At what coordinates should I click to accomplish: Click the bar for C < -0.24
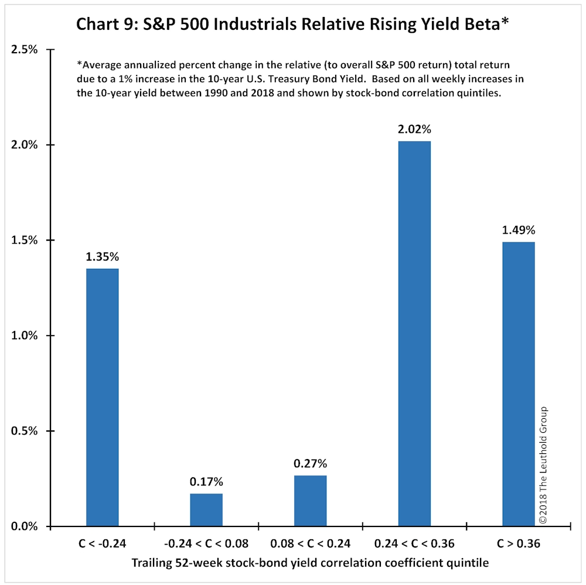click(103, 398)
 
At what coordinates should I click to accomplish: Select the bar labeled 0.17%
click(206, 510)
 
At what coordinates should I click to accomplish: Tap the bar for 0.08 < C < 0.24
click(310, 501)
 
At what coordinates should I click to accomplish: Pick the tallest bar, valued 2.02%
click(414, 334)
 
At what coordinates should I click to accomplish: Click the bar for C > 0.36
click(519, 384)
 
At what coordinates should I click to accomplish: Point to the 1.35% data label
click(103, 256)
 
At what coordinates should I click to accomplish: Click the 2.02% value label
click(414, 129)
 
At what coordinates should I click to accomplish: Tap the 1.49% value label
click(519, 230)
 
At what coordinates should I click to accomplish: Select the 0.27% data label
click(310, 464)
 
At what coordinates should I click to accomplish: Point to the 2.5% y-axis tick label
click(24, 49)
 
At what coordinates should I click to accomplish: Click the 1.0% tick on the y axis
click(24, 336)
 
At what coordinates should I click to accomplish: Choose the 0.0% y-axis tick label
click(24, 526)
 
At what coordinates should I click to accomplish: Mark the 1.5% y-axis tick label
click(24, 240)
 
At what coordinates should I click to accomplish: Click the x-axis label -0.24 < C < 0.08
click(206, 543)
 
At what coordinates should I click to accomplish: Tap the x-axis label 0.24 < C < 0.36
click(414, 543)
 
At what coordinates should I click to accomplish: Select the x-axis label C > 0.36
click(519, 543)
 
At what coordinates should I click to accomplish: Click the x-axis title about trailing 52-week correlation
click(310, 563)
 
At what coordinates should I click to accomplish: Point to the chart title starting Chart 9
click(292, 24)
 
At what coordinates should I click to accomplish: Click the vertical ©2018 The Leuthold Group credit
click(543, 465)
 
